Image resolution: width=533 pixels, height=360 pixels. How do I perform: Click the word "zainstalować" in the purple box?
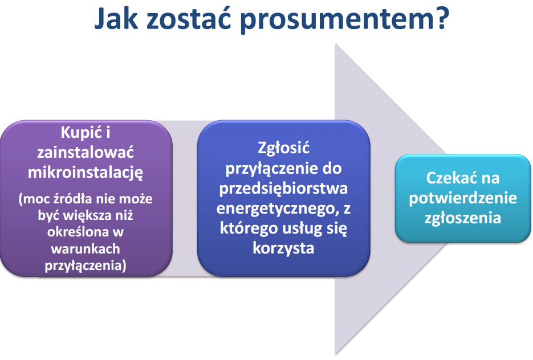click(86, 152)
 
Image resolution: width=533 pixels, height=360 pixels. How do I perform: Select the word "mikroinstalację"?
click(86, 173)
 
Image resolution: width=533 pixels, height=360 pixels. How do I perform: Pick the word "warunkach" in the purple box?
click(86, 248)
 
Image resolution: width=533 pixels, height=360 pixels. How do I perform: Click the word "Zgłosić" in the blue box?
click(283, 148)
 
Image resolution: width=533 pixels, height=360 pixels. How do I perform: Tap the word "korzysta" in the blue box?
click(283, 248)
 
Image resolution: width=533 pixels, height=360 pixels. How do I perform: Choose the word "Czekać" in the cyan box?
click(448, 178)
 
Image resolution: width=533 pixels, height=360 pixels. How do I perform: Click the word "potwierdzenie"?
click(463, 198)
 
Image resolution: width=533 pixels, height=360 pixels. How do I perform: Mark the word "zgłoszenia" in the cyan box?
click(463, 218)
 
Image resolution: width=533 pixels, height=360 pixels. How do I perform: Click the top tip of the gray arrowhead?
click(336, 44)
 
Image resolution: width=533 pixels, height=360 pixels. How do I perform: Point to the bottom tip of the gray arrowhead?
click(336, 354)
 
